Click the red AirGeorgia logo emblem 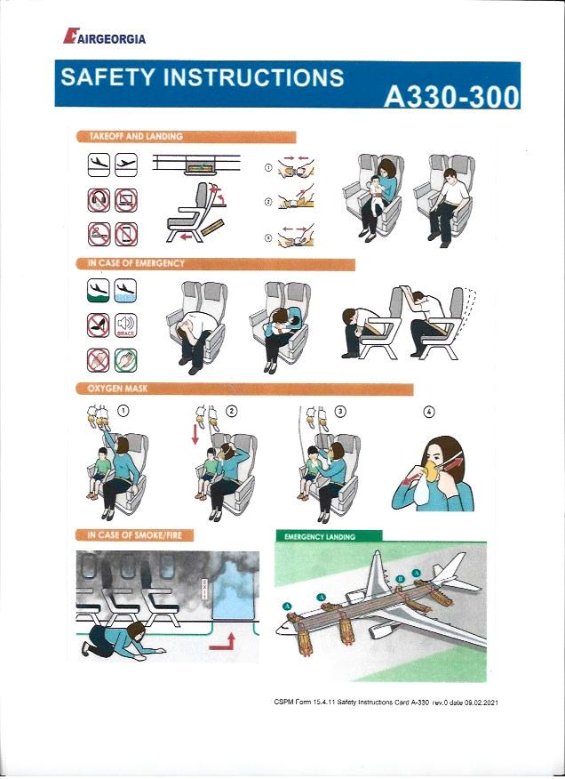click(x=71, y=36)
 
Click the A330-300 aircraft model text click(x=451, y=96)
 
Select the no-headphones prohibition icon click(x=99, y=200)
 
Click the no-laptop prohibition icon click(x=126, y=200)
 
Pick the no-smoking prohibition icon click(x=99, y=235)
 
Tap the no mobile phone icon click(x=126, y=235)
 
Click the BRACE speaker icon click(x=125, y=325)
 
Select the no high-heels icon click(x=99, y=325)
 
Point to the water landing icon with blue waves click(x=125, y=291)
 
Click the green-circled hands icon click(x=125, y=360)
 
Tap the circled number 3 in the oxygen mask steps click(x=340, y=412)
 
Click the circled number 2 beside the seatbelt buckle click(x=268, y=202)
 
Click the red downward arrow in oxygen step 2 click(x=195, y=433)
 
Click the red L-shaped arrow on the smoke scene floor click(x=223, y=642)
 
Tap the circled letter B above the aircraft click(x=399, y=579)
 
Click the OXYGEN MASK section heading click(x=117, y=389)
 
